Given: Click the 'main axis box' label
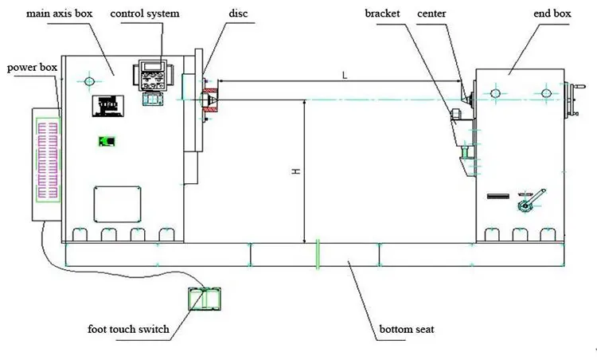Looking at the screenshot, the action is [59, 14].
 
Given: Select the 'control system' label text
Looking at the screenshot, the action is [145, 14].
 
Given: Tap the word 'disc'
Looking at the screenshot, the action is [238, 14].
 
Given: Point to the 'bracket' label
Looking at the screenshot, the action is [382, 14].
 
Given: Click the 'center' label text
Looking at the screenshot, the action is [431, 14].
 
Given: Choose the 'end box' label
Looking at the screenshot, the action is [552, 14].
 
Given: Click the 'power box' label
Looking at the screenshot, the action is [32, 68].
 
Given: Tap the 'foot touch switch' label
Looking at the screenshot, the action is [128, 329].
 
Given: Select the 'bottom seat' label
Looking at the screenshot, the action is [407, 329].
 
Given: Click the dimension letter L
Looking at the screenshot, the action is [345, 75].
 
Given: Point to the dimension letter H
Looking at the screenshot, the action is [296, 171].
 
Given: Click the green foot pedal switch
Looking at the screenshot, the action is [205, 299].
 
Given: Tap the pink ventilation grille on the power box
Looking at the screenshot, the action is [48, 159].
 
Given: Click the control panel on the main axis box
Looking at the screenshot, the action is [153, 75].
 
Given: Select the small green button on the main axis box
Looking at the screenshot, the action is [107, 141].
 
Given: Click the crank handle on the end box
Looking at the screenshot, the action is [531, 200].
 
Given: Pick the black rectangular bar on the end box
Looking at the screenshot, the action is [498, 196].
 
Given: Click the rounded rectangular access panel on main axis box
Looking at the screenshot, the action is [117, 204].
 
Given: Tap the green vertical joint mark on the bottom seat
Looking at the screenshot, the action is [318, 254].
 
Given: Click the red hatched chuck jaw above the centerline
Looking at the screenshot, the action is [210, 92].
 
